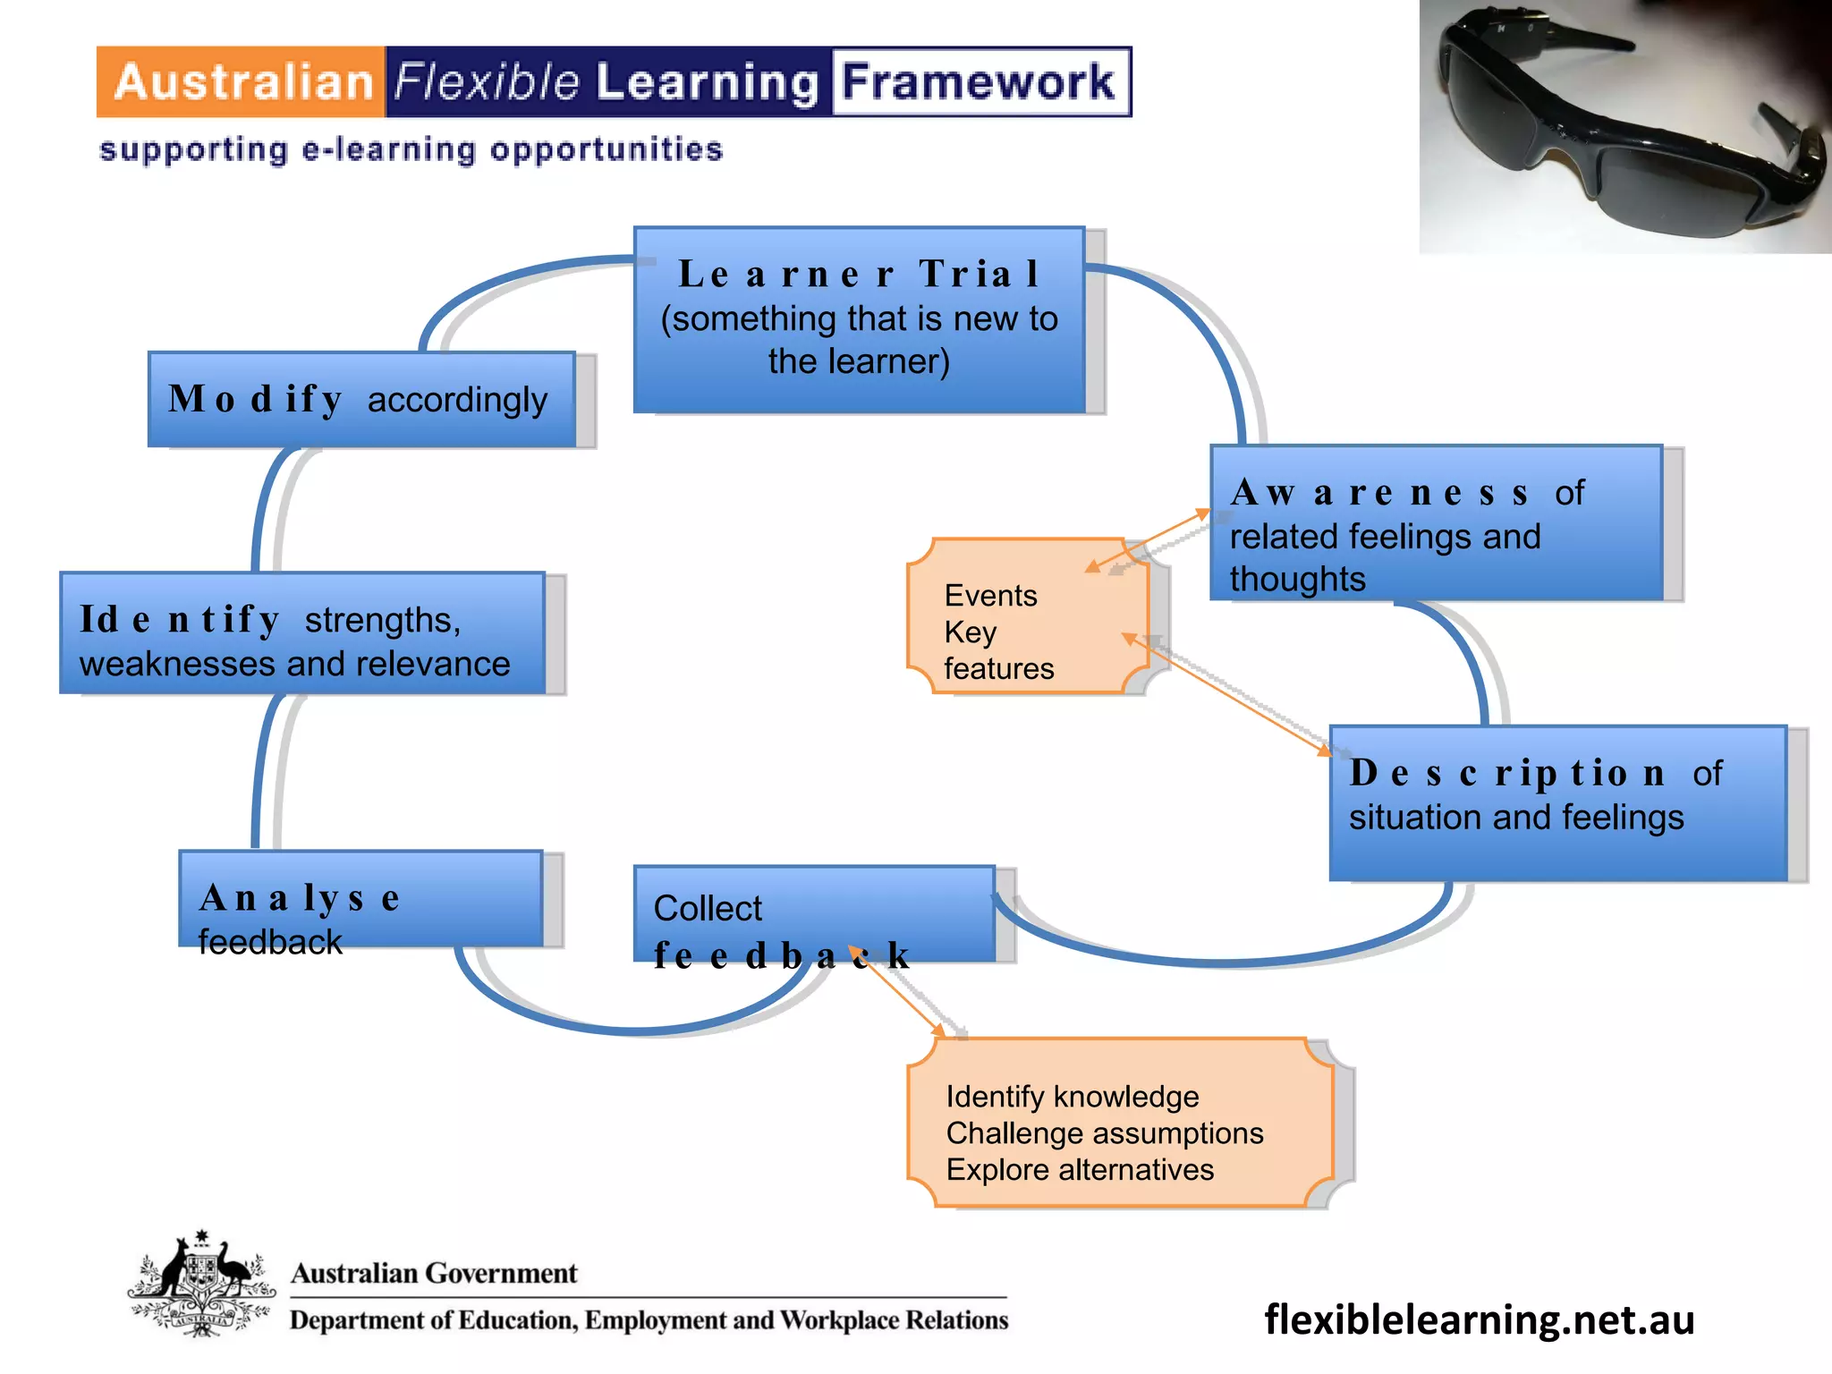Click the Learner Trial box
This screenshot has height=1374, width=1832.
click(x=859, y=320)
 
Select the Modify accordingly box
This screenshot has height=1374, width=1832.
click(x=361, y=400)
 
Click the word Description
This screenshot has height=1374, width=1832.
click(x=1507, y=774)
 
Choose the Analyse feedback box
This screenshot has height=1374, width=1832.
click(x=360, y=899)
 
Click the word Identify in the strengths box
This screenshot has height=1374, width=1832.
click(x=180, y=619)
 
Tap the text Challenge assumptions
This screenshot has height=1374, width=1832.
click(x=1104, y=1133)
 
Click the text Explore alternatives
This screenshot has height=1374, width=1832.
click(x=1080, y=1170)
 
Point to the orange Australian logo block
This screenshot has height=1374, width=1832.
click(x=242, y=82)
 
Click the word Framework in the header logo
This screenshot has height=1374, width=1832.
click(x=980, y=82)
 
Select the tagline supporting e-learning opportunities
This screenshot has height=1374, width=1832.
click(x=411, y=149)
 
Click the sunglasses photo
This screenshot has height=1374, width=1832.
click(x=1624, y=127)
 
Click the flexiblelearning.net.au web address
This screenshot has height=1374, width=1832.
click(x=1479, y=1319)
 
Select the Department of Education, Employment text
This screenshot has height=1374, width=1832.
click(x=649, y=1320)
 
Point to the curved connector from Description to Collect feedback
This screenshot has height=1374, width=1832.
click(x=1234, y=960)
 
